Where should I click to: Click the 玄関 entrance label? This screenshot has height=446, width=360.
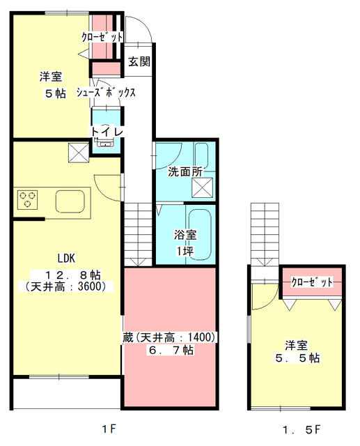point(139,61)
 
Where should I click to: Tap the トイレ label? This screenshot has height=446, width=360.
point(107,132)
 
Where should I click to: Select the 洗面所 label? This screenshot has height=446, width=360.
point(185,171)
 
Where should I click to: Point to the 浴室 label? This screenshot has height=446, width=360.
point(185,235)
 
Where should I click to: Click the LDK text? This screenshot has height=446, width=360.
point(66,259)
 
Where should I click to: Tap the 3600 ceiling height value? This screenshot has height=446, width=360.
point(89,286)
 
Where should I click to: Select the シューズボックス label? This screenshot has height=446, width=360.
point(106,93)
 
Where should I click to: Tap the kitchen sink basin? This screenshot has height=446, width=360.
point(70,201)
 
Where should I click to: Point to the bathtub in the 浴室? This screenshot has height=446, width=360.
point(200,235)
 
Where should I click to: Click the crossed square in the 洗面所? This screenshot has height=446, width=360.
point(203,187)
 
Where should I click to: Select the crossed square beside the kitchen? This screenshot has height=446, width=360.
point(79,153)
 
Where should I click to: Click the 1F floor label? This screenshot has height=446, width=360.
point(109,429)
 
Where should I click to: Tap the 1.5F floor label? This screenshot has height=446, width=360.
point(302,429)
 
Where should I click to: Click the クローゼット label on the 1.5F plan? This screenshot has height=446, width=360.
point(312,282)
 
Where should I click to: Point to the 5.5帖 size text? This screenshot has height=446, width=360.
point(297,357)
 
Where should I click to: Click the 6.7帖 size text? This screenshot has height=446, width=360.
point(171,350)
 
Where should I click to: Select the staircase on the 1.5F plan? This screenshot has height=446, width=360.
point(265,235)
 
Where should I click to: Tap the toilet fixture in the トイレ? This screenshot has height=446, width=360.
point(105,142)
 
